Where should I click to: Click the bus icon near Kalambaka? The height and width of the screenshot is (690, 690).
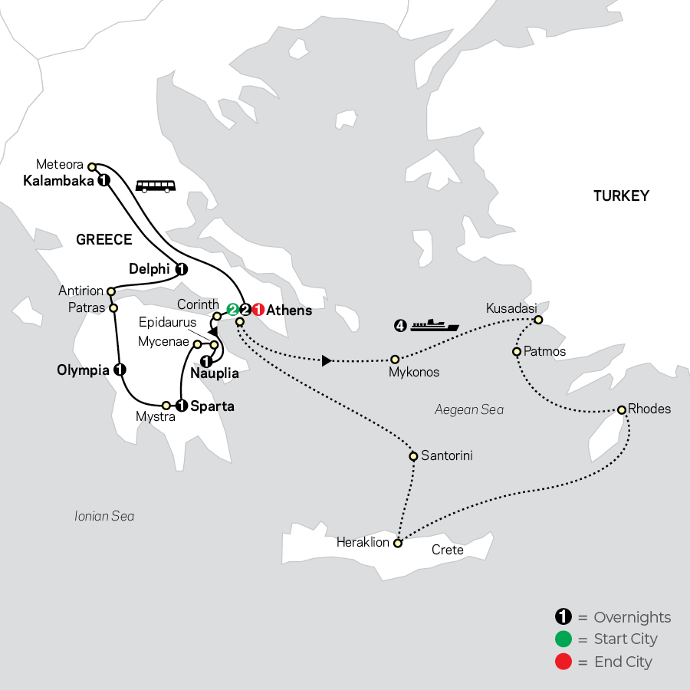(155, 185)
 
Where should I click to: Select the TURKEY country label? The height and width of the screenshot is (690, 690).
(621, 196)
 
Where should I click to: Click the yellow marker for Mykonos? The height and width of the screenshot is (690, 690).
(395, 359)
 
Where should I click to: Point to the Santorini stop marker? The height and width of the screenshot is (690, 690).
(414, 456)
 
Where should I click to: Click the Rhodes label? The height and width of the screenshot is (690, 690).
(649, 409)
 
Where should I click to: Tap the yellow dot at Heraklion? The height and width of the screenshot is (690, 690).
(397, 544)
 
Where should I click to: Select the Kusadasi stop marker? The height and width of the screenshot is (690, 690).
(539, 320)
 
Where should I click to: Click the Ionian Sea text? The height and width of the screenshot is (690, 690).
(104, 516)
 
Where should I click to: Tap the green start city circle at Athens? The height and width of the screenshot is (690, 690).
(232, 310)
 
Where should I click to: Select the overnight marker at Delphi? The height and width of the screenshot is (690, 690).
(182, 269)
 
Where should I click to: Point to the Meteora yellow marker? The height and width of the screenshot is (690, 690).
(91, 166)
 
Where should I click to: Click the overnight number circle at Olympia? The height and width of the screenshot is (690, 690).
(119, 370)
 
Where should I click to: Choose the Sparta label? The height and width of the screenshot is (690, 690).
(212, 406)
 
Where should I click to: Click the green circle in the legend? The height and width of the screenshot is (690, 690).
(563, 639)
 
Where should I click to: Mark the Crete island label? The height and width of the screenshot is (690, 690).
(447, 550)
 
